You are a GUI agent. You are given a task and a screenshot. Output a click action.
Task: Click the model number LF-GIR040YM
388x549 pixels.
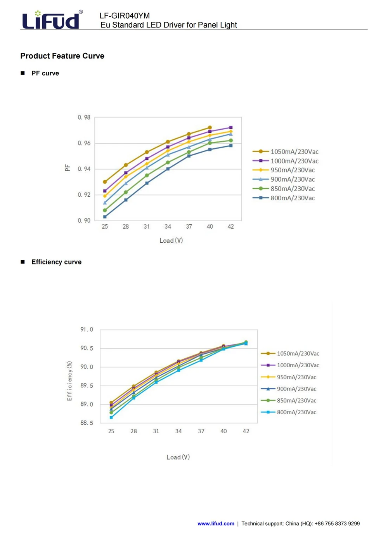pyautogui.click(x=125, y=16)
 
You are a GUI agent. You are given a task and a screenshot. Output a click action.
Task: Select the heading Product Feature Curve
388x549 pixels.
pyautogui.click(x=62, y=56)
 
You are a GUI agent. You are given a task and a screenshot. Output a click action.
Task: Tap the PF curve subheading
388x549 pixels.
pyautogui.click(x=45, y=73)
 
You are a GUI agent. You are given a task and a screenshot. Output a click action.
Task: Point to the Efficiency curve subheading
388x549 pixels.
pyautogui.click(x=56, y=262)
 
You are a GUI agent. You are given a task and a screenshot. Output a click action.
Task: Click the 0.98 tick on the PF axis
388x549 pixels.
pyautogui.click(x=84, y=117)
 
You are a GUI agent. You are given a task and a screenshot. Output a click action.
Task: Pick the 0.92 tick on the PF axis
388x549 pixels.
pyautogui.click(x=84, y=195)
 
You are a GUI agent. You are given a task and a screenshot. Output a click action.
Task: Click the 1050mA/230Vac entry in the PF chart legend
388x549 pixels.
pyautogui.click(x=285, y=152)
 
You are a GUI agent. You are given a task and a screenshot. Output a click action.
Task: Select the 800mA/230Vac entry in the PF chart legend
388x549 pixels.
pyautogui.click(x=283, y=198)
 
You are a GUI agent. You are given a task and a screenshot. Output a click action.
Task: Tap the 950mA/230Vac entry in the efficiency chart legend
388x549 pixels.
pyautogui.click(x=288, y=377)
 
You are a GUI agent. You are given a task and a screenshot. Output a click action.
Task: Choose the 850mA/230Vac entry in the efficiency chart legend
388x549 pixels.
pyautogui.click(x=288, y=400)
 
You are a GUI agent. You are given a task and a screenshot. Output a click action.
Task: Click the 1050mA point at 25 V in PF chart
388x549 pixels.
pyautogui.click(x=105, y=182)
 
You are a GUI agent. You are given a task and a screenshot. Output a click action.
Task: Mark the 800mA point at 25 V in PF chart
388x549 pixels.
pyautogui.click(x=105, y=217)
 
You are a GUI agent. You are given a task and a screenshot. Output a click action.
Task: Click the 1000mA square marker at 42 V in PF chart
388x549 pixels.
pyautogui.click(x=231, y=127)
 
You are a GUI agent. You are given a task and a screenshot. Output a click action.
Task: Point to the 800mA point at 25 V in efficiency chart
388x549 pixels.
pyautogui.click(x=111, y=417)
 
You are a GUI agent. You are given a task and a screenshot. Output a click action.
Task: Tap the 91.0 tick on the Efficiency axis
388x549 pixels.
pyautogui.click(x=87, y=330)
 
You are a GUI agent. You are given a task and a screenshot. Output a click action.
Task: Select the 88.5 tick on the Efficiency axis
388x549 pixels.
pyautogui.click(x=87, y=423)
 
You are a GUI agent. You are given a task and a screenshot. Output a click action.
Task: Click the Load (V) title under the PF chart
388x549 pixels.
pyautogui.click(x=171, y=241)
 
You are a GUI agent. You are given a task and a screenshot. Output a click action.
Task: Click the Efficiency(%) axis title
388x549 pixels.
pyautogui.click(x=69, y=381)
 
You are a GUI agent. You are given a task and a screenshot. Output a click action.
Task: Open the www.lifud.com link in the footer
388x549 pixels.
pyautogui.click(x=216, y=524)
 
